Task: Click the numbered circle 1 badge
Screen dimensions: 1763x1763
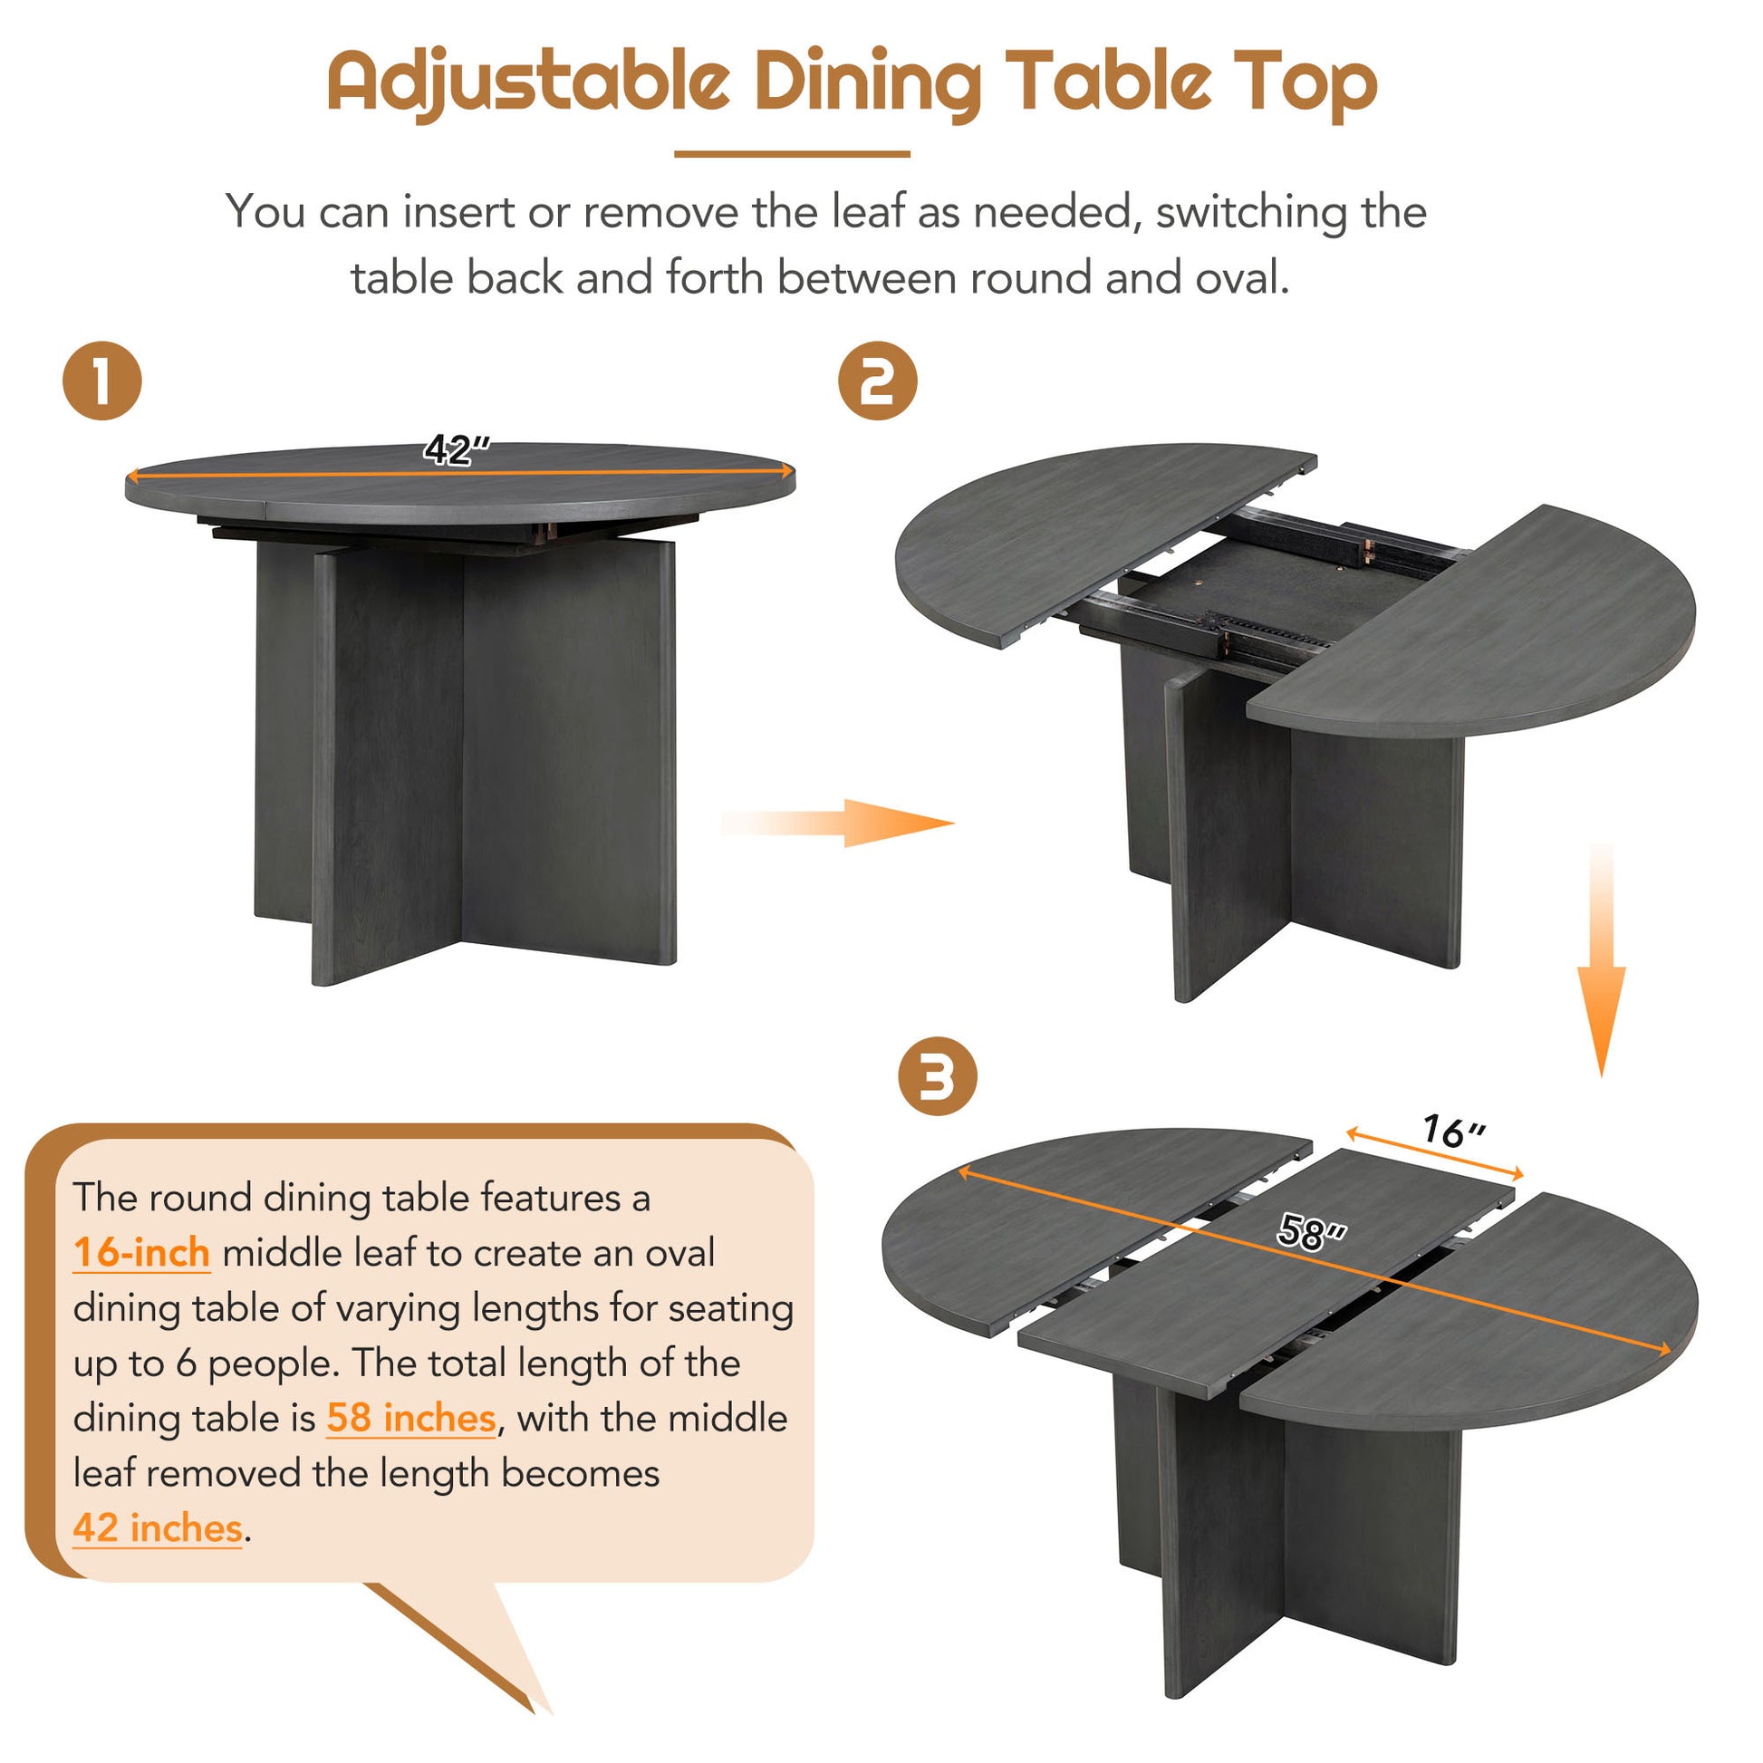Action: [102, 381]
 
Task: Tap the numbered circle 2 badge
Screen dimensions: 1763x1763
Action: [877, 381]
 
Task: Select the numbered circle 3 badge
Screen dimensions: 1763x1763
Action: [937, 1077]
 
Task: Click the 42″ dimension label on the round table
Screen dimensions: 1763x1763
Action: [458, 449]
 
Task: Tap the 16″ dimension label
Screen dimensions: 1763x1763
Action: [1454, 1132]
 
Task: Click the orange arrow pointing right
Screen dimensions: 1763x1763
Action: [840, 824]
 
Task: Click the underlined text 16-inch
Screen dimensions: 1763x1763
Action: [141, 1253]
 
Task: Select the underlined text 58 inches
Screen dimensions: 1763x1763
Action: [410, 1418]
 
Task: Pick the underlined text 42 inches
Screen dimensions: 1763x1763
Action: [157, 1528]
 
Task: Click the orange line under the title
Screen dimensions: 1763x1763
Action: [791, 154]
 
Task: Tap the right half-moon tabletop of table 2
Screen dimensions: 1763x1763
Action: [1497, 630]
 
